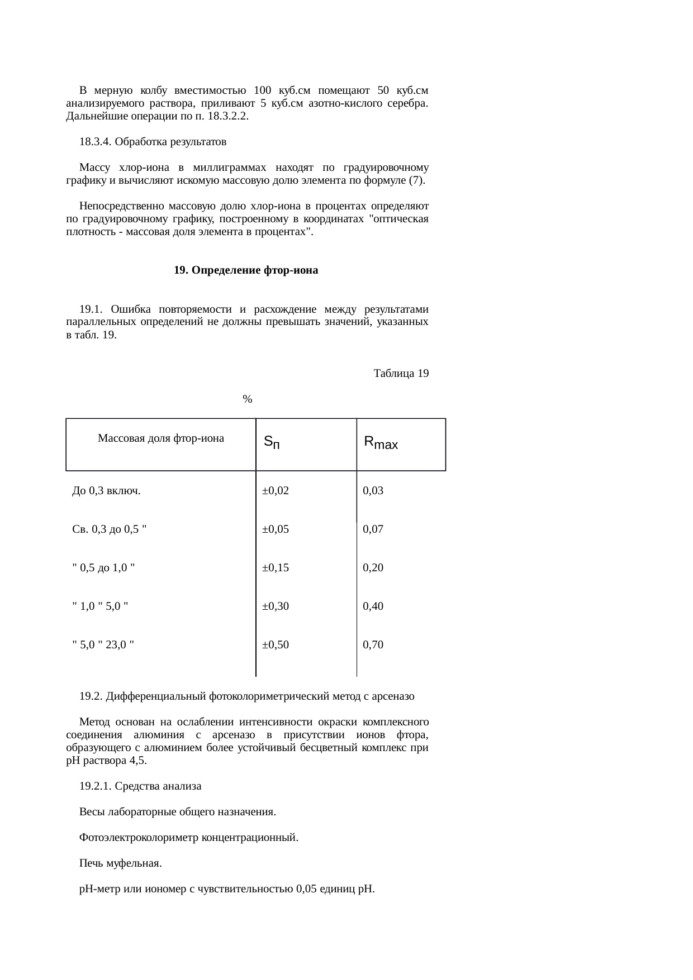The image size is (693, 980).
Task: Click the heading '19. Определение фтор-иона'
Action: (246, 270)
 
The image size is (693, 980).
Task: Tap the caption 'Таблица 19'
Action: (401, 374)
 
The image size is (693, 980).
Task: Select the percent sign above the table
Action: (248, 399)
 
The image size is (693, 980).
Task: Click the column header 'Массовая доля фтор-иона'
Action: (161, 438)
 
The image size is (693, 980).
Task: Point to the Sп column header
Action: (272, 443)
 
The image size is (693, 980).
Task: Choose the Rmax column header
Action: (381, 443)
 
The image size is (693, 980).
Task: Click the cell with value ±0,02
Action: (276, 491)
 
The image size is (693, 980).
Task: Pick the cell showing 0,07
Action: (373, 529)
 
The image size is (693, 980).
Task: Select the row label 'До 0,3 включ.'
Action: (106, 491)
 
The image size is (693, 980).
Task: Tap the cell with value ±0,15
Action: (276, 568)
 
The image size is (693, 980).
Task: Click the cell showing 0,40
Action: (373, 606)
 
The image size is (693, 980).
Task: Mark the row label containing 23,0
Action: (103, 645)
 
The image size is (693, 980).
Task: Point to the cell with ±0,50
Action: (276, 645)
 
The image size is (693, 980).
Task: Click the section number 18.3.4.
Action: (95, 142)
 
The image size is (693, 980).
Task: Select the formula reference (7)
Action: (415, 180)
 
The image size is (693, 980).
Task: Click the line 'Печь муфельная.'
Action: (121, 863)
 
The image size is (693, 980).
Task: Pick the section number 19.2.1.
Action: (95, 786)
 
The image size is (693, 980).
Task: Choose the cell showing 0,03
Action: (373, 491)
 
